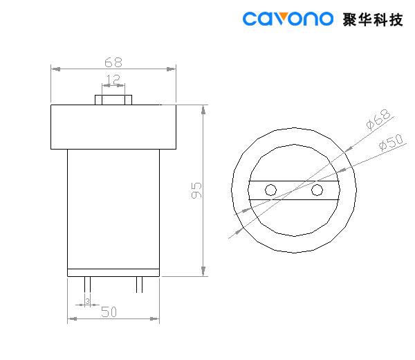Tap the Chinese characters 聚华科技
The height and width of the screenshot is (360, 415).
click(372, 19)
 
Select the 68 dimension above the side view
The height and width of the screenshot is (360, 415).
click(114, 60)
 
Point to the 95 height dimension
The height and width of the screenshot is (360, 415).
click(196, 190)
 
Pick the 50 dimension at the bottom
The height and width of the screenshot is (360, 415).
click(108, 312)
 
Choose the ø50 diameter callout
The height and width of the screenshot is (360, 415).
click(390, 143)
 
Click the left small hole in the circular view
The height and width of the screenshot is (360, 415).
click(271, 190)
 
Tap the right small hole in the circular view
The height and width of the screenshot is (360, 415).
click(317, 190)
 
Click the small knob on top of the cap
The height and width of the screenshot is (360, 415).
click(113, 99)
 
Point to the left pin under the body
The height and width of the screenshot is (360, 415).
click(87, 285)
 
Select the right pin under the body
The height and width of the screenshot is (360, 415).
click(140, 285)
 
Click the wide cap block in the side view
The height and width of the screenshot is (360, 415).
click(113, 127)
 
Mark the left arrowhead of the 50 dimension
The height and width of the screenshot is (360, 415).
click(71, 319)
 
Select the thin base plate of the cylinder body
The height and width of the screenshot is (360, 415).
click(113, 273)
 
